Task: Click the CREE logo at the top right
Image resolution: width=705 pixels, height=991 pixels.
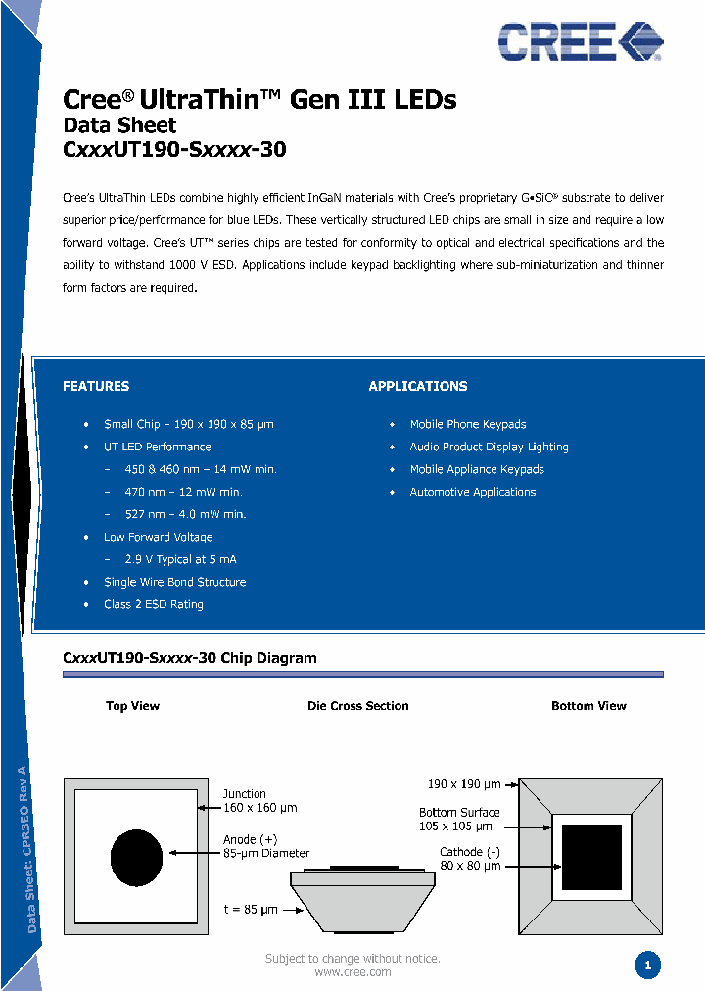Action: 580,41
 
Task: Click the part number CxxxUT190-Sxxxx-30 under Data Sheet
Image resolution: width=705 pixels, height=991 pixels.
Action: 174,150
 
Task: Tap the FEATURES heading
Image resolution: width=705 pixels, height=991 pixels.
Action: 96,386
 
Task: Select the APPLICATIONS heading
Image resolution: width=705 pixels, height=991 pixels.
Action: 418,386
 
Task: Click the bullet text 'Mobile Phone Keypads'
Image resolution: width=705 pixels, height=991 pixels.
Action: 467,424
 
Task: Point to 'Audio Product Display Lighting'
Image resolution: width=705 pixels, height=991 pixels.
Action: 489,447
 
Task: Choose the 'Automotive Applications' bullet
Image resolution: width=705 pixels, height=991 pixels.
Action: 472,492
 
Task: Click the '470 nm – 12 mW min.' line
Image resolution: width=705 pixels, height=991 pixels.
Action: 183,492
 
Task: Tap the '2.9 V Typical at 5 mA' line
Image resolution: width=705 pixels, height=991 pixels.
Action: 180,559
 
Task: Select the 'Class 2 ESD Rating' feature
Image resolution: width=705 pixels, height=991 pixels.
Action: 154,604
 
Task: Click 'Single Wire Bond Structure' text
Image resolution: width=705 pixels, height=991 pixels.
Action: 174,582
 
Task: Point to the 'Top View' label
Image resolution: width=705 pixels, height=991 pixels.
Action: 132,706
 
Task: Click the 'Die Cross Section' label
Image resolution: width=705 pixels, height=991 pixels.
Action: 358,706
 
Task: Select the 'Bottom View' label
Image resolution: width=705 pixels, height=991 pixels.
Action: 588,706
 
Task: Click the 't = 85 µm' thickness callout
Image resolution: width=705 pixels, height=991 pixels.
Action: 251,910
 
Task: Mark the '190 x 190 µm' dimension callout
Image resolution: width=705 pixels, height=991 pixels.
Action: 464,784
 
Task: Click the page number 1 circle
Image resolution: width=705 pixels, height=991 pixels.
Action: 647,966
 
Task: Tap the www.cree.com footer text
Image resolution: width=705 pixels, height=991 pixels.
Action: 352,972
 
